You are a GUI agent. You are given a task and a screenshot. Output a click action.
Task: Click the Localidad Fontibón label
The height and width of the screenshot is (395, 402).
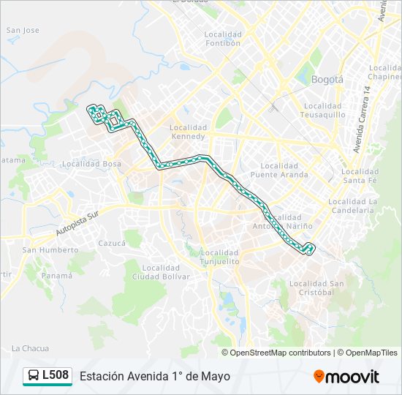223,39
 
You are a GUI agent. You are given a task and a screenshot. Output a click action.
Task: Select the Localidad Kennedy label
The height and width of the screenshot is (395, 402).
189,131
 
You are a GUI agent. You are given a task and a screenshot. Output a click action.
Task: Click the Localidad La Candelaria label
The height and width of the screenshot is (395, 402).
352,206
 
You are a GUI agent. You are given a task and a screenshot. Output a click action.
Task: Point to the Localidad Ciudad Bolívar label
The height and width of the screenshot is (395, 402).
161,272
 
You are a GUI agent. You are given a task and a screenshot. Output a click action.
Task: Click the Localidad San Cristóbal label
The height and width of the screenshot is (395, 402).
316,287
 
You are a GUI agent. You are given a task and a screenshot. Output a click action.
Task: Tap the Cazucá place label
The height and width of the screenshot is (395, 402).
112,242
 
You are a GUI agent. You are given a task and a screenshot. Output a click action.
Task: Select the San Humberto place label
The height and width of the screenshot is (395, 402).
50,249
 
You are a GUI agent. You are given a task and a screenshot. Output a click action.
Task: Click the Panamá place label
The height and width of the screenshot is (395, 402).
56,276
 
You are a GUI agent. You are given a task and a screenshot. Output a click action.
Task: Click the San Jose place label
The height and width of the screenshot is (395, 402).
23,31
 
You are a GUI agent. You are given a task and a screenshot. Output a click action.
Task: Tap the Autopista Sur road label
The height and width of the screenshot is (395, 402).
77,223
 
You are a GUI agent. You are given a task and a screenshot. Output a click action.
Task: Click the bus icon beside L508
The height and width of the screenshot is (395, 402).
34,376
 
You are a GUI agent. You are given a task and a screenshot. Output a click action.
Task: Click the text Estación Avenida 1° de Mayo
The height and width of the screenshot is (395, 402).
155,376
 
